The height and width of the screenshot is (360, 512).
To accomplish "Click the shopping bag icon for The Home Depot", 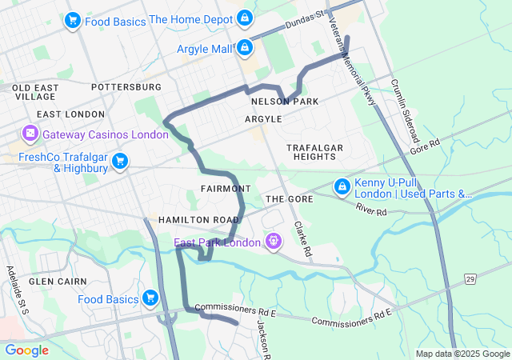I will click(245, 18).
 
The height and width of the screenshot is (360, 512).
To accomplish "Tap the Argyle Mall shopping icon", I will click(245, 49).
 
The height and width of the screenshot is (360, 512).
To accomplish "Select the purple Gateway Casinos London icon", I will click(30, 133).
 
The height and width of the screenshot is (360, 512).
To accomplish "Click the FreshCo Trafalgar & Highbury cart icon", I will click(120, 162).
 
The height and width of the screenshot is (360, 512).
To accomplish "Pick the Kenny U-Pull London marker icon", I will click(342, 186).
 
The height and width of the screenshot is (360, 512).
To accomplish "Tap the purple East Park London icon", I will click(274, 241).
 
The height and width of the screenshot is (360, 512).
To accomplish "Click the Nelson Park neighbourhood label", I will click(284, 102).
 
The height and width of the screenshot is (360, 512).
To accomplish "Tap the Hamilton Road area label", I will click(198, 220).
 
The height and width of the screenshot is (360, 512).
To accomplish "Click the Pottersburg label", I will click(126, 86).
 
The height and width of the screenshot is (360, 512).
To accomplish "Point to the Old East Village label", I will click(34, 92).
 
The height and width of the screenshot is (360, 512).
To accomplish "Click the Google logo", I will click(26, 350).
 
